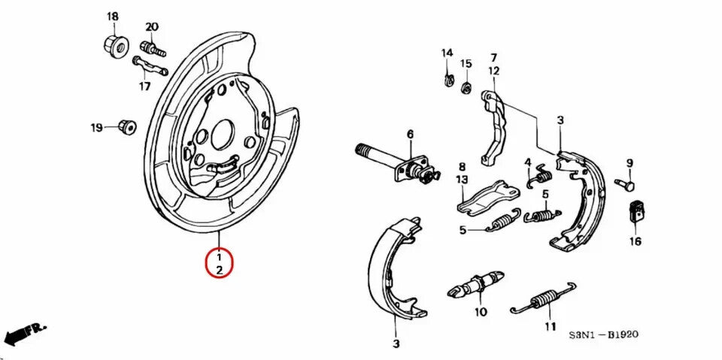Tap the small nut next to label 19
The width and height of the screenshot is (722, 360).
coord(126,126)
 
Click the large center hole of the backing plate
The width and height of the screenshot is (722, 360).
coord(223,135)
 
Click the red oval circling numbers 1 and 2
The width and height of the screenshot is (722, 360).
coord(220,264)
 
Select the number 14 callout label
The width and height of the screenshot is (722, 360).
coord(447,53)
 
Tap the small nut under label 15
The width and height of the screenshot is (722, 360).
coord(466,88)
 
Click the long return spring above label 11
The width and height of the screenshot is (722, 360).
coord(543,300)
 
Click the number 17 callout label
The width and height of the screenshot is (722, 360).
coord(144,86)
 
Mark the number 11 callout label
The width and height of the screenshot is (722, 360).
coord(551,326)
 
